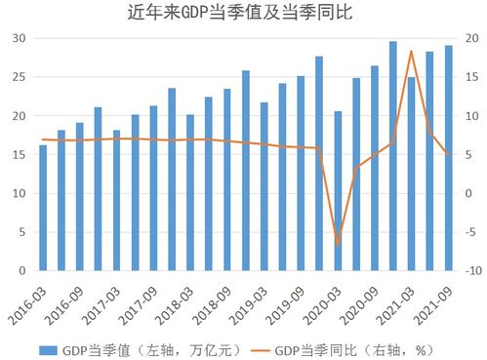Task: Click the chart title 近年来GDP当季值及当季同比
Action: [244, 15]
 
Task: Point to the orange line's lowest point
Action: [338, 244]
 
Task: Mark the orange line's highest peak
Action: [411, 51]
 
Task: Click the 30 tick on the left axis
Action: [20, 38]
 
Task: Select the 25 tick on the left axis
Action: [20, 77]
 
